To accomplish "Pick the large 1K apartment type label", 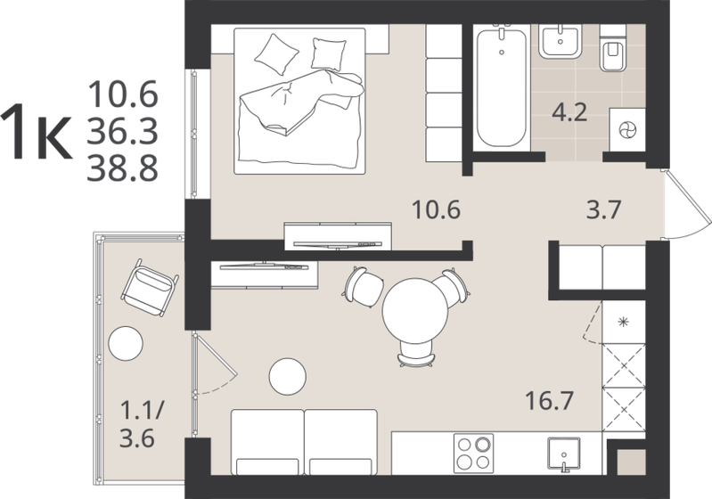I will (36, 131).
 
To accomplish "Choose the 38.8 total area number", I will (122, 168).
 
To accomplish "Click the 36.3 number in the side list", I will (122, 130).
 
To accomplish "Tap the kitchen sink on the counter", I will (561, 454).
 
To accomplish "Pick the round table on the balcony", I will (126, 343).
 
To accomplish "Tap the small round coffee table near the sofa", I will (288, 375).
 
